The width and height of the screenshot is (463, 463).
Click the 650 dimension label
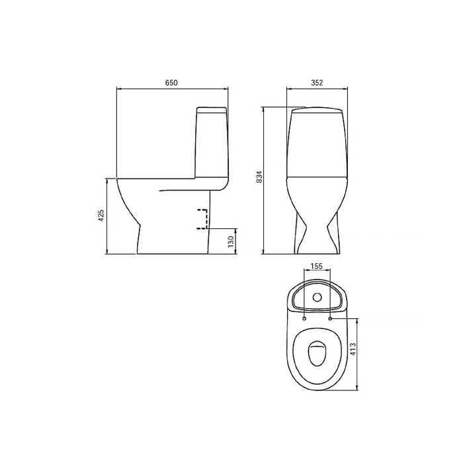[171, 83]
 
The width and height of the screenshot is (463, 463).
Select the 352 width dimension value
[317, 83]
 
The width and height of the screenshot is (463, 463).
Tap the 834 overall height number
[259, 177]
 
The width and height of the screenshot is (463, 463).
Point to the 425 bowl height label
[101, 216]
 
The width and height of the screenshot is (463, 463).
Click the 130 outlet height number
[231, 241]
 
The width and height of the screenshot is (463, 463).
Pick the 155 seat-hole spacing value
[317, 267]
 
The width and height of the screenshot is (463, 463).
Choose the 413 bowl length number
[353, 349]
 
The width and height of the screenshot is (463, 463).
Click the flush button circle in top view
[317, 298]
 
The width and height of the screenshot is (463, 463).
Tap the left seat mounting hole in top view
[304, 319]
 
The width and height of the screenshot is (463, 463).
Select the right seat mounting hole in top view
[330, 319]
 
